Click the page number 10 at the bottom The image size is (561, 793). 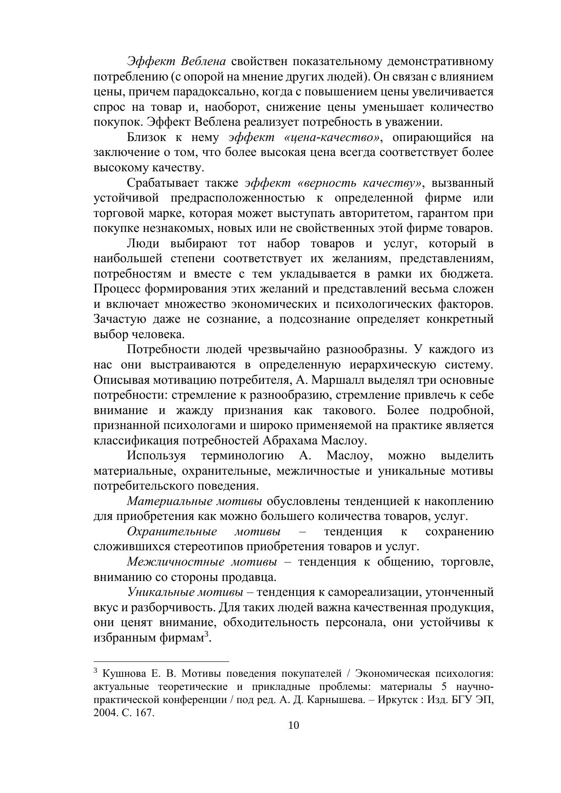pos(293,726)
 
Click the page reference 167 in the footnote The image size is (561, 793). pos(146,713)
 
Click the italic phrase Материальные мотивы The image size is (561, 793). pos(194,501)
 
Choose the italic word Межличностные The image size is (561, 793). pos(175,562)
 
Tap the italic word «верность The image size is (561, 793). pos(328,183)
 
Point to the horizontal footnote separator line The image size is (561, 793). pos(161,661)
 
